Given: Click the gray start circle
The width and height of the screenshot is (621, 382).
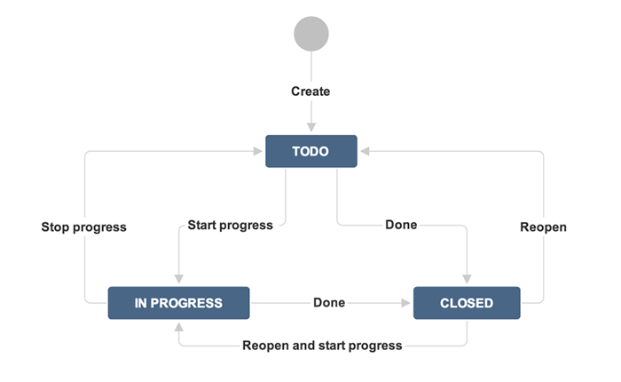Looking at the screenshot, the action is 311,34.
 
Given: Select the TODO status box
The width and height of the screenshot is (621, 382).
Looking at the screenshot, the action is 311,151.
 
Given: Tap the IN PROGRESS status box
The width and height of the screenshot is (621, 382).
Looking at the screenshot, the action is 178,303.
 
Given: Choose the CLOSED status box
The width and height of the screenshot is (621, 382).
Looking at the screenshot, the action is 467,303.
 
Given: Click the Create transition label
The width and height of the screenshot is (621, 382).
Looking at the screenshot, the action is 310,92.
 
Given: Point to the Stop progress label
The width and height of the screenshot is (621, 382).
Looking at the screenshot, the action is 84,227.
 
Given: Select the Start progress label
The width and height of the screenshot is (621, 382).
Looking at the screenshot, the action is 230,225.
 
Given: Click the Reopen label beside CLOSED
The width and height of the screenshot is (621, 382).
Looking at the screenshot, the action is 543,227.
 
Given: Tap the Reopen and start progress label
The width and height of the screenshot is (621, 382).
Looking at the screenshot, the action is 322,345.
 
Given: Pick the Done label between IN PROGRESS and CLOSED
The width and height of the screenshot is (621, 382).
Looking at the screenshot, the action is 329,302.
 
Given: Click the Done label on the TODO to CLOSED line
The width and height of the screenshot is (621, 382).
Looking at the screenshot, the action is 401,225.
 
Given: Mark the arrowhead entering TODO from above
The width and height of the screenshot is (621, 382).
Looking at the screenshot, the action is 311,127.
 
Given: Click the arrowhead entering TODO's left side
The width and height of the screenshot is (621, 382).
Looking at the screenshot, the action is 257,151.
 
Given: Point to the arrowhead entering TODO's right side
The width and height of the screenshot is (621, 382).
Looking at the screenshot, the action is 366,151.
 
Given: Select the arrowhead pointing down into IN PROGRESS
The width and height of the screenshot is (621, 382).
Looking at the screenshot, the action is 179,278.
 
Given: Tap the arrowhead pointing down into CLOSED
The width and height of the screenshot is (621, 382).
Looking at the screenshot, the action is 467,278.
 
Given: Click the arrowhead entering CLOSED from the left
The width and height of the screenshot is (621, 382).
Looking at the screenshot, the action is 405,303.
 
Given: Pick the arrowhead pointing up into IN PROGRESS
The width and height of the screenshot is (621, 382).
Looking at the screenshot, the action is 179,327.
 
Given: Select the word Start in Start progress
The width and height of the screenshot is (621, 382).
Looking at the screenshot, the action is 201,225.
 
